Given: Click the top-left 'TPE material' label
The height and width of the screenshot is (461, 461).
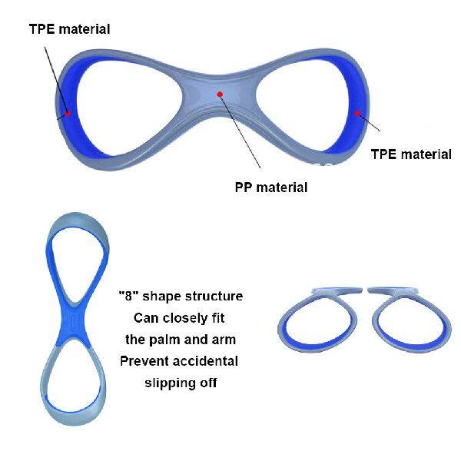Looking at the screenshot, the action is [69, 30].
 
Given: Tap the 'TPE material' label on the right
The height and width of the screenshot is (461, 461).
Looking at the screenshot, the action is [411, 154].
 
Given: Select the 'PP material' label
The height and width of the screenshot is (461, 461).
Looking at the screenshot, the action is [271, 187].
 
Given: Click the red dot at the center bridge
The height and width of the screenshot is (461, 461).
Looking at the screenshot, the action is [220, 95].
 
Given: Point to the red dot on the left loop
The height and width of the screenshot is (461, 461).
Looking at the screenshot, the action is [68, 113].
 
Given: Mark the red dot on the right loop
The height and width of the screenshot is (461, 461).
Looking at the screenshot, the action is [358, 113].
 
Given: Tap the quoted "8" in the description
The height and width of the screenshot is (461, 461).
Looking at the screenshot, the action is [128, 296].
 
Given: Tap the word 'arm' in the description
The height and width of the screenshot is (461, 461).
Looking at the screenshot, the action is [225, 339].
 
